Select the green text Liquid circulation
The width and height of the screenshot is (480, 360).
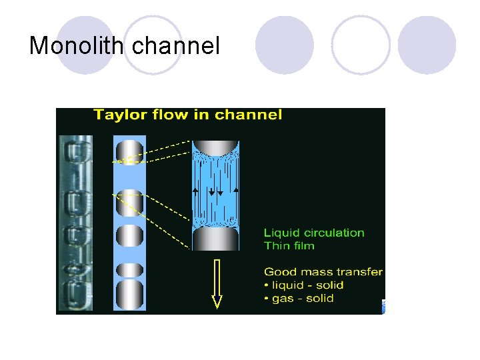(314, 233)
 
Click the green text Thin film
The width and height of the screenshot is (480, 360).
(289, 245)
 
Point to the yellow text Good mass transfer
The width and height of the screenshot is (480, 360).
(323, 272)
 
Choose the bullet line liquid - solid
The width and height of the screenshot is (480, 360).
(307, 285)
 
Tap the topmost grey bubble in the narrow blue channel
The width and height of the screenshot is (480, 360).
(129, 152)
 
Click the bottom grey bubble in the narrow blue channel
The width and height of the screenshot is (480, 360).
(129, 294)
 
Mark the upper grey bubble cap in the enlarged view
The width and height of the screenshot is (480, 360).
(215, 147)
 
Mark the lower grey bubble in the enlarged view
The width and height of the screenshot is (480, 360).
(215, 238)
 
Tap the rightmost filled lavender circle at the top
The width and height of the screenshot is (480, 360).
(427, 45)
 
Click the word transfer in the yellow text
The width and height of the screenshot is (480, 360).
(360, 272)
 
